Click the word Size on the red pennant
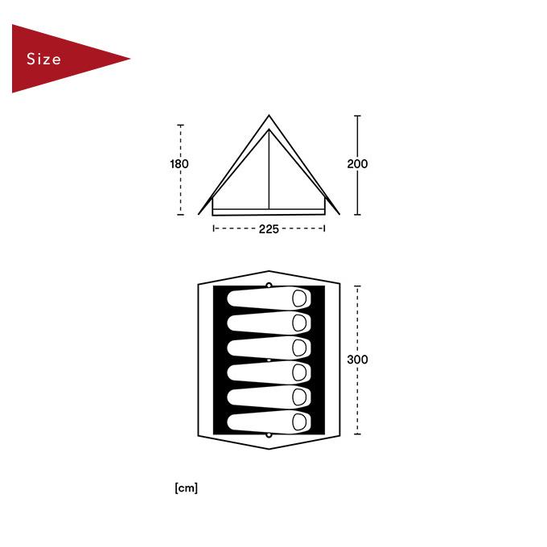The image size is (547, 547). coord(43,59)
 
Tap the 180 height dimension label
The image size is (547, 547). coord(179,164)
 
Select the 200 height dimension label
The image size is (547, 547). coord(357,164)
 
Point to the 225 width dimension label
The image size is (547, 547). coord(269,228)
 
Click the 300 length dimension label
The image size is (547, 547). coord(357,360)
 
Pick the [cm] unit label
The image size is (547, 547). coord(187,487)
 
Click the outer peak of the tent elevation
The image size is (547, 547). coord(269,116)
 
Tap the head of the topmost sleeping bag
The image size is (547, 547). coord(299,298)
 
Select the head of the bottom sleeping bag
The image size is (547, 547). coord(299,422)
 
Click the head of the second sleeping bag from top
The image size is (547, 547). coord(299,323)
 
